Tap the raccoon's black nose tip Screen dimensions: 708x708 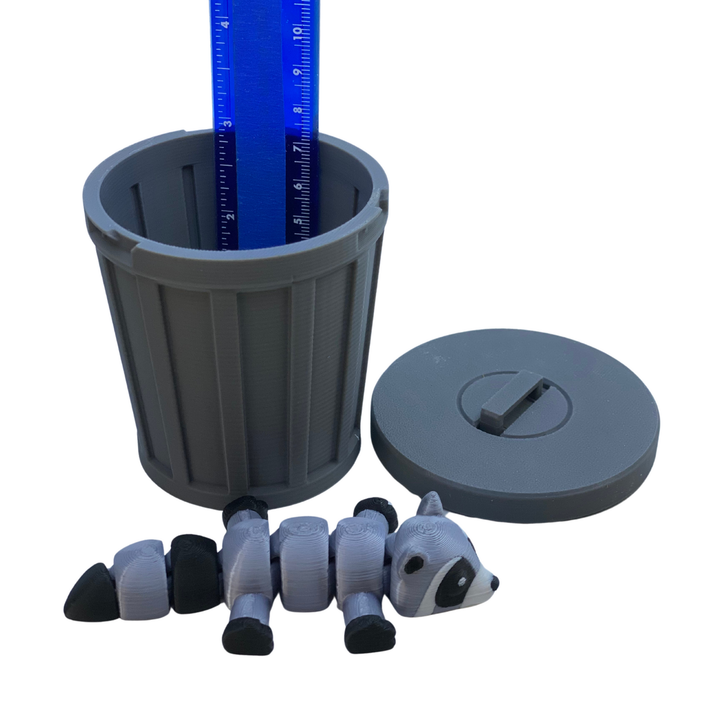(495, 582)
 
